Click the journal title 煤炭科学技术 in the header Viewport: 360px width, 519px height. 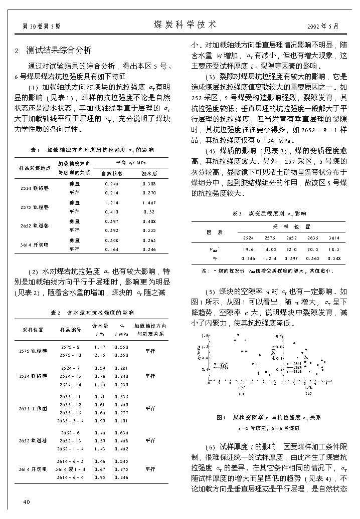pyautogui.click(x=185, y=24)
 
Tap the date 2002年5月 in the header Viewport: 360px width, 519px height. pyautogui.click(x=326, y=26)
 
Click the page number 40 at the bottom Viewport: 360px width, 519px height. pyautogui.click(x=27, y=502)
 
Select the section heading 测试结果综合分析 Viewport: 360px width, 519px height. pyautogui.click(x=59, y=50)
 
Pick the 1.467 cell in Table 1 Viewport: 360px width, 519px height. pyautogui.click(x=149, y=203)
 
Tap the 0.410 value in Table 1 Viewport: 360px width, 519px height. pyautogui.click(x=112, y=212)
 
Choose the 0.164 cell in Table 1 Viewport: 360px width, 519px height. pyautogui.click(x=112, y=249)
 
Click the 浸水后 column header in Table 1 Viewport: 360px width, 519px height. pyautogui.click(x=149, y=173)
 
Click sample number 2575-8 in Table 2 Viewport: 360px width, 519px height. pyautogui.click(x=70, y=347)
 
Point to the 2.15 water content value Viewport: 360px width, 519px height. pyautogui.click(x=100, y=355)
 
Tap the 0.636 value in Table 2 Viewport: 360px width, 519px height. pyautogui.click(x=121, y=432)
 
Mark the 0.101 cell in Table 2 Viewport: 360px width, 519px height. pyautogui.click(x=121, y=421)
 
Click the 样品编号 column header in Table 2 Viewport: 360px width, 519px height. pyautogui.click(x=70, y=329)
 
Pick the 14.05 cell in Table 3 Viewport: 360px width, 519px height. pyautogui.click(x=270, y=249)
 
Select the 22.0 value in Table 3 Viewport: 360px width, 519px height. pyautogui.click(x=291, y=249)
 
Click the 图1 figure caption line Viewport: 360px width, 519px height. pyautogui.click(x=269, y=417)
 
